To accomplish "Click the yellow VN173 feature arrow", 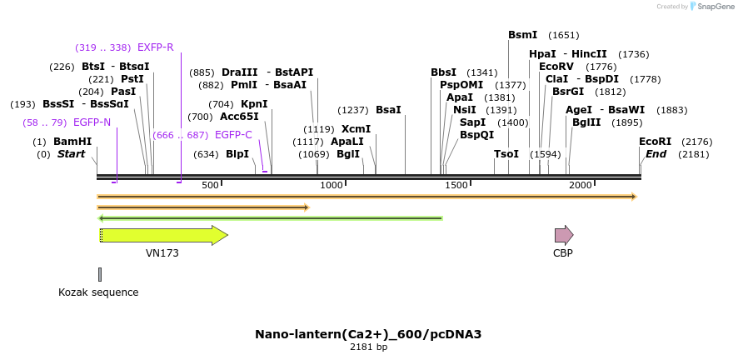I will pos(162,235).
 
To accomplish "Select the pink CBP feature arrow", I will pos(564,235).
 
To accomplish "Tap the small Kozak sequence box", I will pos(100,274).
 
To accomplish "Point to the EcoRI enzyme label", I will pos(655,142).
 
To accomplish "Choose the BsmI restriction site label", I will pos(523,35).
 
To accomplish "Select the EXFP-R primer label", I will pos(155,47).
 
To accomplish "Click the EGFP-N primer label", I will pos(92,122).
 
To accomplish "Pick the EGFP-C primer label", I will pos(233,135).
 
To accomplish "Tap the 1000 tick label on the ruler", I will pos(332,185).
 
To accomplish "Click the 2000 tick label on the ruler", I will pos(580,185).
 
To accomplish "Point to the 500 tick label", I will pos(209,185).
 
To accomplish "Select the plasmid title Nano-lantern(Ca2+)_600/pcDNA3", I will pos(368,334).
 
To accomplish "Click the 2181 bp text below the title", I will pos(368,347).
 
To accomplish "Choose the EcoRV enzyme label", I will pos(556,67).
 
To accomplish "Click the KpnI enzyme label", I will pos(254,104).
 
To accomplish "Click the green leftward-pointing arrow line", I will pos(271,218).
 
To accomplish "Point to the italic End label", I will pos(656,154).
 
